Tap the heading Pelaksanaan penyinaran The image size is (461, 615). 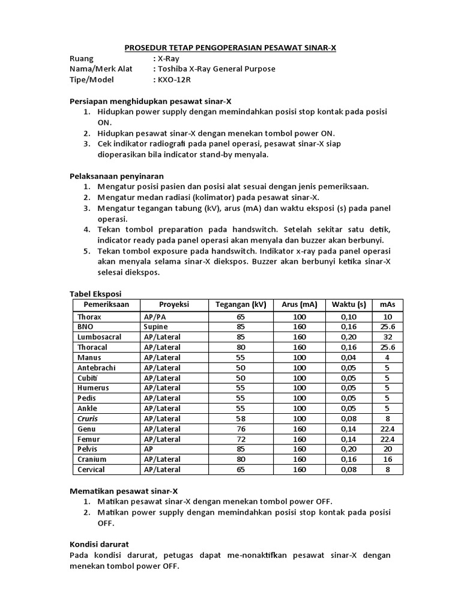[116, 176]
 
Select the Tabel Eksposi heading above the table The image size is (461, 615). [95, 294]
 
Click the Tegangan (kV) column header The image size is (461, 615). [240, 304]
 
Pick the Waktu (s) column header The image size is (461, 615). [349, 304]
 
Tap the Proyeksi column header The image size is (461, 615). [174, 304]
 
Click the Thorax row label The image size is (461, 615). [89, 317]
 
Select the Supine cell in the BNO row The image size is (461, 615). [155, 327]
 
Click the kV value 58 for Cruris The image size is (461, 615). [240, 419]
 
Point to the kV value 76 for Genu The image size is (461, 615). [240, 429]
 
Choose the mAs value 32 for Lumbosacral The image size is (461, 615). [387, 337]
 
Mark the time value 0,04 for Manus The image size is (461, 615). [349, 357]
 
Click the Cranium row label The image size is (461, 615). [92, 459]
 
